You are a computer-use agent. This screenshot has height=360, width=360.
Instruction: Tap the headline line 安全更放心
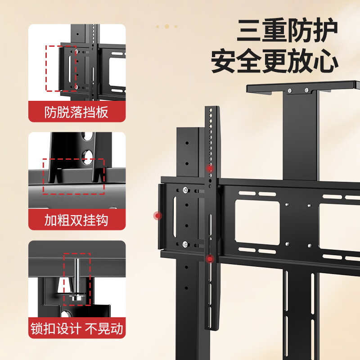point(274,62)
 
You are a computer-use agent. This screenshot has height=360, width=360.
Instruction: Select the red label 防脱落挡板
point(76,112)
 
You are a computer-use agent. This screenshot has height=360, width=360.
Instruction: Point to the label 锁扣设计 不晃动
point(76,328)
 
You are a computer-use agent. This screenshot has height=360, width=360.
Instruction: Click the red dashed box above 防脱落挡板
point(61,68)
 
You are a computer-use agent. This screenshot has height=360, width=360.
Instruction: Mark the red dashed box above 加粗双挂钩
point(73,176)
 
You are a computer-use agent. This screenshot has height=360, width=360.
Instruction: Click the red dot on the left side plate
point(157,216)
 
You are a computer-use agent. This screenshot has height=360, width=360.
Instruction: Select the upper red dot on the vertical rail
point(209,168)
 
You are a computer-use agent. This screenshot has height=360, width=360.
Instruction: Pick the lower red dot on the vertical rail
point(210,259)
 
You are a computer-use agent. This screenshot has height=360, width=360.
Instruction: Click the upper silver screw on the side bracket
point(185,189)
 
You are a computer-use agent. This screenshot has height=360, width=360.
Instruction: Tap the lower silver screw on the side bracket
point(185,244)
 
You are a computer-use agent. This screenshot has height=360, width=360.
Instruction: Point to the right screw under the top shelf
point(306,91)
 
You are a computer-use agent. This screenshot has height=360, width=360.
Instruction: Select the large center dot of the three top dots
point(166,26)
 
